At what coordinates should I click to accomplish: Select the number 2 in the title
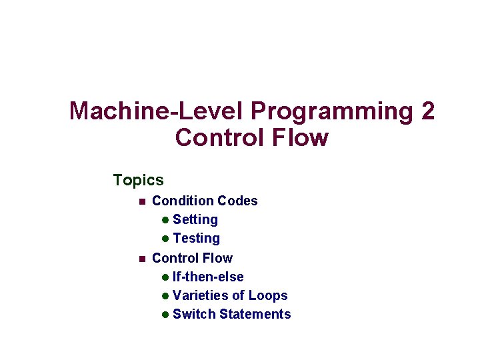427,111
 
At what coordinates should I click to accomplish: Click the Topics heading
138,180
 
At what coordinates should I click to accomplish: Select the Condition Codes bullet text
205,201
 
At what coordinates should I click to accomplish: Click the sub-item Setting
195,219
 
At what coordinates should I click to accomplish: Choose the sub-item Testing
196,238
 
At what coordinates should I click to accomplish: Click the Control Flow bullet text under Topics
192,258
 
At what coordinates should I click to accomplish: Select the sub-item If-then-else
208,277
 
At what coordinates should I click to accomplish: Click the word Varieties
201,295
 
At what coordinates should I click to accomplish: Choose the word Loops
268,295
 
